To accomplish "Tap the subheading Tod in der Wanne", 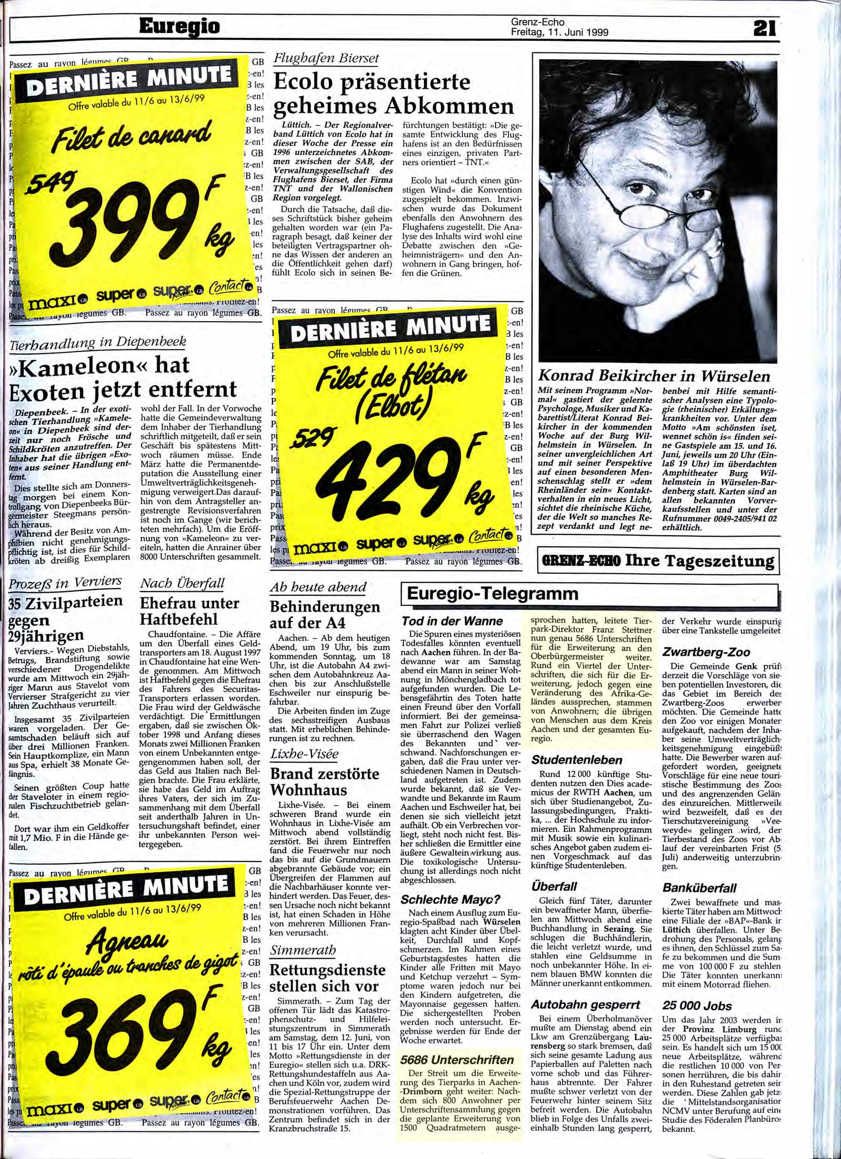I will (x=452, y=621).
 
